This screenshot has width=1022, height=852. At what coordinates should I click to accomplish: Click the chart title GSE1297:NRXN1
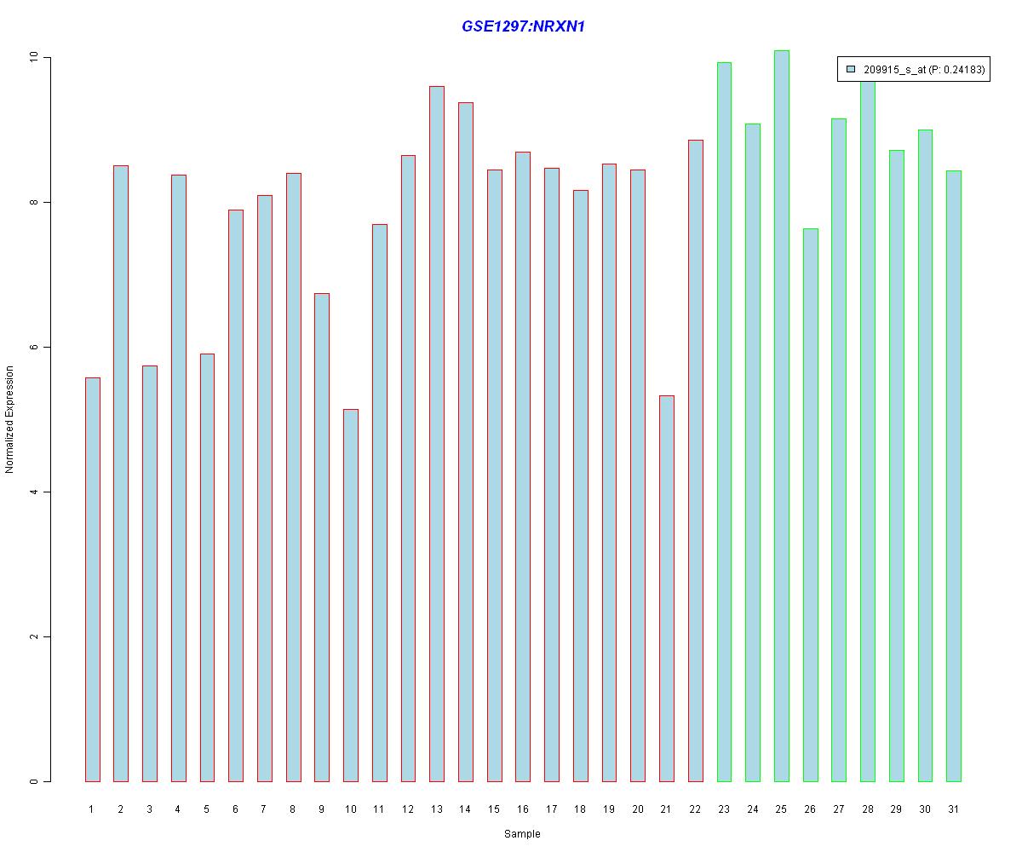click(x=523, y=26)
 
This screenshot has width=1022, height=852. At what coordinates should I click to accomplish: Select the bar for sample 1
click(x=93, y=579)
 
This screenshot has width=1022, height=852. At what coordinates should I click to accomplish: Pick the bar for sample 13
click(x=437, y=434)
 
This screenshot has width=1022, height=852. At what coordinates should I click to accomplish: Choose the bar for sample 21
click(x=667, y=588)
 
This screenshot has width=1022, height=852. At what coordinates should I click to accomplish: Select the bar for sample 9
click(x=322, y=537)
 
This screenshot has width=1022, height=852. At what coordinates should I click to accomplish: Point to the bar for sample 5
click(x=207, y=567)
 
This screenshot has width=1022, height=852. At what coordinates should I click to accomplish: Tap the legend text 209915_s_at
click(x=894, y=71)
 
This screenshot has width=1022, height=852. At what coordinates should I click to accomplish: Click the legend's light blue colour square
click(x=851, y=71)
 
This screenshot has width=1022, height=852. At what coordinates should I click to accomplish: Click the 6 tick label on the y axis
click(x=35, y=347)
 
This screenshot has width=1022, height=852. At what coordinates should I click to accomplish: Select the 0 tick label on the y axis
click(x=35, y=781)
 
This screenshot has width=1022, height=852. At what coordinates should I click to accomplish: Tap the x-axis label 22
click(x=695, y=809)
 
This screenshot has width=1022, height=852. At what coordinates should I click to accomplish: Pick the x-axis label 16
click(x=523, y=809)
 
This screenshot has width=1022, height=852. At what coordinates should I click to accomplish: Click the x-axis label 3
click(x=150, y=809)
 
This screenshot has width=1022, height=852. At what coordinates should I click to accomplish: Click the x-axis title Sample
click(x=522, y=834)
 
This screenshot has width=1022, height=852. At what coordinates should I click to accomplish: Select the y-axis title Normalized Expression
click(x=10, y=419)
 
